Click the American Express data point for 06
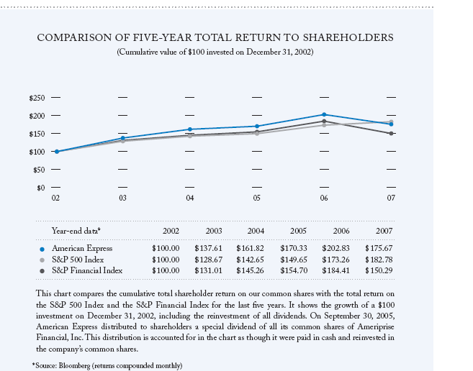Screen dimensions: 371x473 pos(324,114)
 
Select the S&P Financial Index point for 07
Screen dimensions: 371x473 pos(391,133)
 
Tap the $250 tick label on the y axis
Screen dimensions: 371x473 pos(36,97)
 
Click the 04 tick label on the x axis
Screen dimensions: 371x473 pos(189,197)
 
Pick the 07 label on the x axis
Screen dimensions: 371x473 pos(391,197)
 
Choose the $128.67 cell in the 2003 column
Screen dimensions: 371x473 pos(208,259)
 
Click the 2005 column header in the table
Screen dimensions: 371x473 pos(298,231)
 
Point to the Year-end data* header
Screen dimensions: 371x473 pos(76,231)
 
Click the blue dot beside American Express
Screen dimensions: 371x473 pos(42,248)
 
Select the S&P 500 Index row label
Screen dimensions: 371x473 pos(77,259)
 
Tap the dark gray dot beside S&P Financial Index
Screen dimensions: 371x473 pos(42,270)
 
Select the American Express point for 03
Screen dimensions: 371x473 pos(123,138)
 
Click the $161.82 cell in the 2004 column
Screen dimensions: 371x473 pos(252,247)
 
